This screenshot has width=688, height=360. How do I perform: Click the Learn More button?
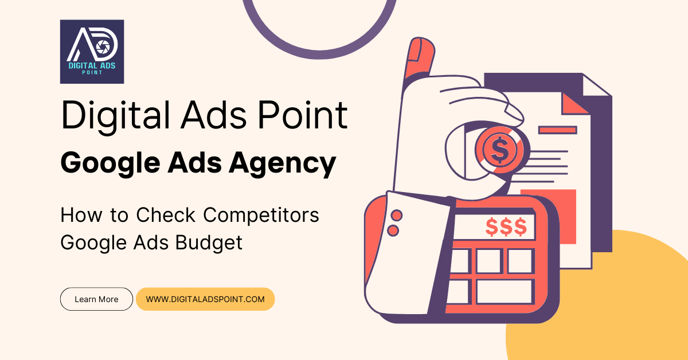(x=96, y=299)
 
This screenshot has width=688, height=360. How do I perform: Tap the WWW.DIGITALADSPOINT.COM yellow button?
(x=205, y=299)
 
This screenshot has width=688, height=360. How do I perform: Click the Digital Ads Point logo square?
(x=92, y=52)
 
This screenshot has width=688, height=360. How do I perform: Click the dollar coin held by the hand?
(x=499, y=150)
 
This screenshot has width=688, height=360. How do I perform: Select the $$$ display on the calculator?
(x=505, y=227)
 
